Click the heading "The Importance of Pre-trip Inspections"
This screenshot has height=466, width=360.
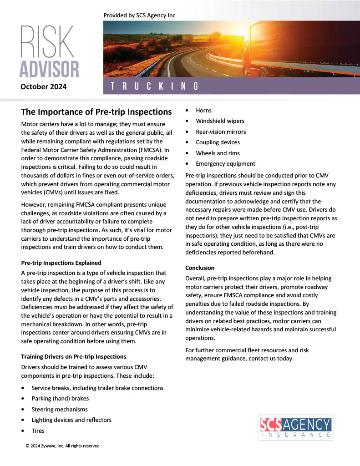pos(96,112)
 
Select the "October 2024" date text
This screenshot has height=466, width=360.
pos(44,86)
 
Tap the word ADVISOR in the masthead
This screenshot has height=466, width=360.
pos(49,68)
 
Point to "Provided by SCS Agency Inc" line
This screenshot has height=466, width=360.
pos(139,15)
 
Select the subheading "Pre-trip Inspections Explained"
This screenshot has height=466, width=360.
pos(61,263)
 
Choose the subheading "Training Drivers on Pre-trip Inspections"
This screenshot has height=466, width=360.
pos(74,356)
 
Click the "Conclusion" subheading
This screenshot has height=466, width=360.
pos(200,268)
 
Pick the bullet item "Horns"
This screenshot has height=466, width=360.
pos(203,111)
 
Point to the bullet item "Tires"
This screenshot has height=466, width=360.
pos(38,431)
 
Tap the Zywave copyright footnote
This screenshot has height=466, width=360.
pos(63,446)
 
